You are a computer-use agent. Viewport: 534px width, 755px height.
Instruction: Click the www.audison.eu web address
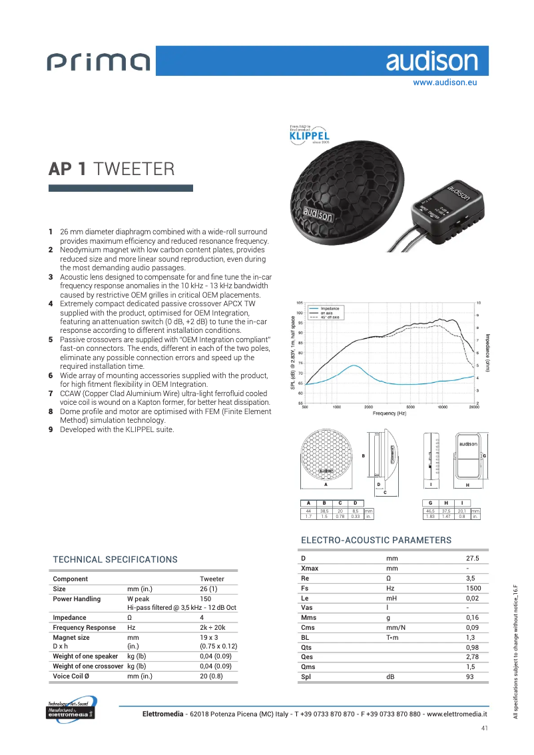coord(445,83)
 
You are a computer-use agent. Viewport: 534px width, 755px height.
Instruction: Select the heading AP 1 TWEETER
coord(112,169)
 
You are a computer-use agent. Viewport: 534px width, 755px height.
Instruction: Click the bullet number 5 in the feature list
coord(51,340)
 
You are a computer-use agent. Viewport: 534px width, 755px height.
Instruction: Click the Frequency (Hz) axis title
coord(390,413)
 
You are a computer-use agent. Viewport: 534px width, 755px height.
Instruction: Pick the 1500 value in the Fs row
coord(474,589)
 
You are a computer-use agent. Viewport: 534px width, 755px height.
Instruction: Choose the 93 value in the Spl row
coord(470,676)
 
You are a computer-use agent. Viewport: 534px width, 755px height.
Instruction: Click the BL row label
coord(306,637)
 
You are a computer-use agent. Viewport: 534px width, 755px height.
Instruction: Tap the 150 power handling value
coord(206,599)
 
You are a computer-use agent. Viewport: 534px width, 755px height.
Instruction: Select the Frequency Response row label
coord(84,627)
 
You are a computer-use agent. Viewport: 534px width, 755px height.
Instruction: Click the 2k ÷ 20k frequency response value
coord(213,627)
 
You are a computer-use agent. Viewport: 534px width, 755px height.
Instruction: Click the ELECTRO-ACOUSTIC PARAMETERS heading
coord(376,540)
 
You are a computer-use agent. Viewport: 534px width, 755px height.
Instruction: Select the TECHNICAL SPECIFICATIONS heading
coord(115,560)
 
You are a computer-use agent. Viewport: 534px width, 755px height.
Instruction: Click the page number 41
coord(485,728)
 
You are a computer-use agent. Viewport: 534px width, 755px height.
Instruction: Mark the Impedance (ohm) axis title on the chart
coord(488,352)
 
